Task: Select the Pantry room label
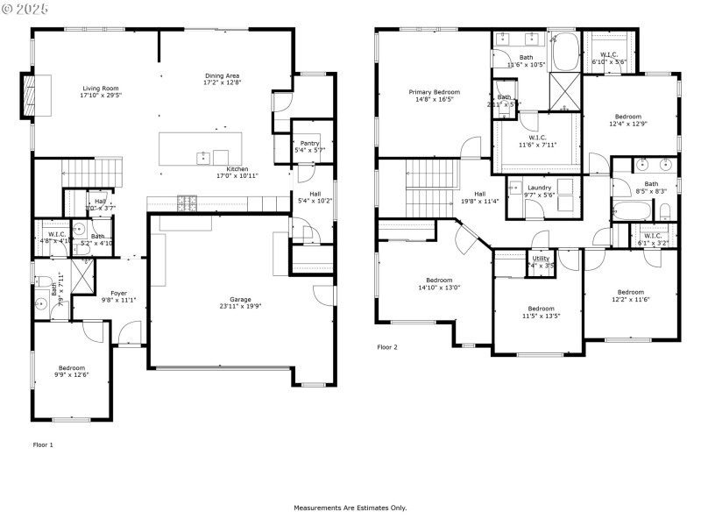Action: click(309, 143)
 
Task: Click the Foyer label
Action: click(117, 293)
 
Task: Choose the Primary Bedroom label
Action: click(433, 92)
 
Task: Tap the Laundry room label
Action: click(539, 187)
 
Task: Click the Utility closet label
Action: click(541, 259)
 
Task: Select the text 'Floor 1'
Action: click(43, 445)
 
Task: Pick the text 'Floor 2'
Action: click(387, 347)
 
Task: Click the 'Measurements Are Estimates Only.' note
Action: click(350, 508)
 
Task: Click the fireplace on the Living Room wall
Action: click(29, 94)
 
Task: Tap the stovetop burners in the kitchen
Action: click(188, 203)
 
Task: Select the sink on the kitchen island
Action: click(203, 157)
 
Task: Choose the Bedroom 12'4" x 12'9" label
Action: click(627, 121)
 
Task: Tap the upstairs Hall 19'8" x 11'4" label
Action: click(479, 197)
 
